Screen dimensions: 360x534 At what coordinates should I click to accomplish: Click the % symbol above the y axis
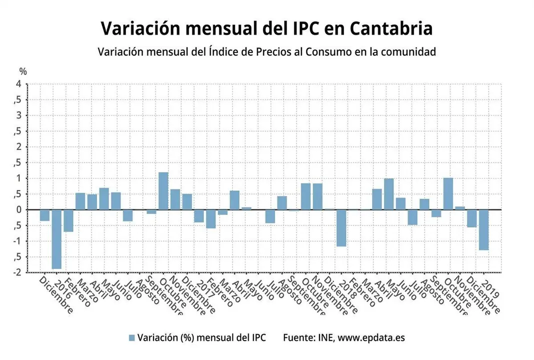click(23, 72)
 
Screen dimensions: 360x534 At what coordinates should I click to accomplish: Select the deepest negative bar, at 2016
click(56, 239)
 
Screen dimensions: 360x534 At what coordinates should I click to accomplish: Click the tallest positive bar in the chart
click(163, 191)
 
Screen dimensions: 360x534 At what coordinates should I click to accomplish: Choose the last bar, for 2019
click(483, 230)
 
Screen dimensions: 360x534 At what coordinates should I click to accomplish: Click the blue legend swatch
click(132, 337)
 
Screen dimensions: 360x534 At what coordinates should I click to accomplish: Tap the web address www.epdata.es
click(371, 337)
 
